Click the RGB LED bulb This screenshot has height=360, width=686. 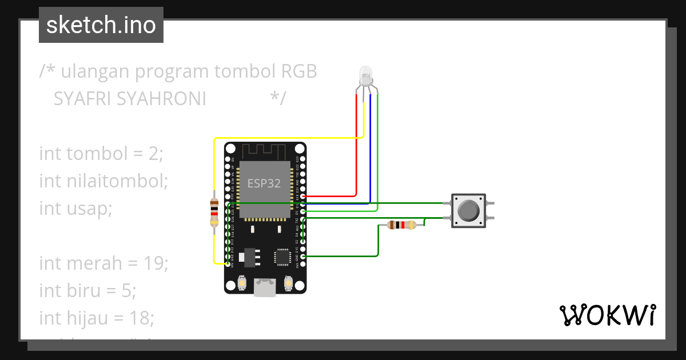pyautogui.click(x=364, y=75)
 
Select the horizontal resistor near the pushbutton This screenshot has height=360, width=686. pyautogui.click(x=401, y=225)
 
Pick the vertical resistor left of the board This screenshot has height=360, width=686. pyautogui.click(x=214, y=213)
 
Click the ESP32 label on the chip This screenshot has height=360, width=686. pyautogui.click(x=264, y=184)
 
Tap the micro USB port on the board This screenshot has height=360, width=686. pyautogui.click(x=265, y=287)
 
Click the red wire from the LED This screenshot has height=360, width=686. pyautogui.click(x=357, y=149)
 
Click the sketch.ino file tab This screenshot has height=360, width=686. pyautogui.click(x=101, y=25)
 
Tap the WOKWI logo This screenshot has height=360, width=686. pyautogui.click(x=607, y=315)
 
